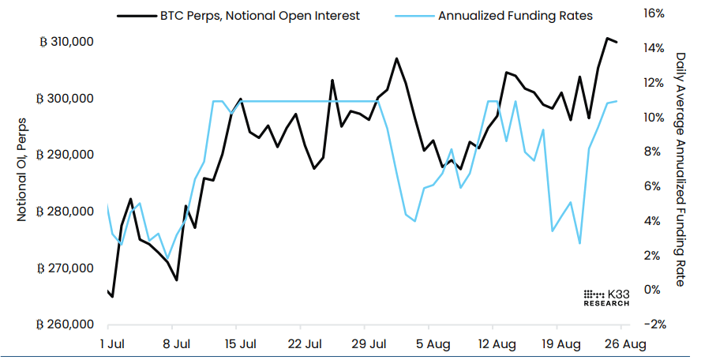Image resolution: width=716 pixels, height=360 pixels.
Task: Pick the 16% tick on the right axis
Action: [656, 13]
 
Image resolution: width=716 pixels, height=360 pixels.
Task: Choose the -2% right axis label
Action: [656, 324]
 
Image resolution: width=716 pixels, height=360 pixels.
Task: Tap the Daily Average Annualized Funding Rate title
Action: [680, 169]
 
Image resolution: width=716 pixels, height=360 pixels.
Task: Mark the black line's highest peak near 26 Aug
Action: [607, 38]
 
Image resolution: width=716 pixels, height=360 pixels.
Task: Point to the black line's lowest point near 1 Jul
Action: [112, 297]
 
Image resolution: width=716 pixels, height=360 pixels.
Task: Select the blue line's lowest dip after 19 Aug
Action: [579, 243]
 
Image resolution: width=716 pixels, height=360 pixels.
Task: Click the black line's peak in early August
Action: [396, 58]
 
